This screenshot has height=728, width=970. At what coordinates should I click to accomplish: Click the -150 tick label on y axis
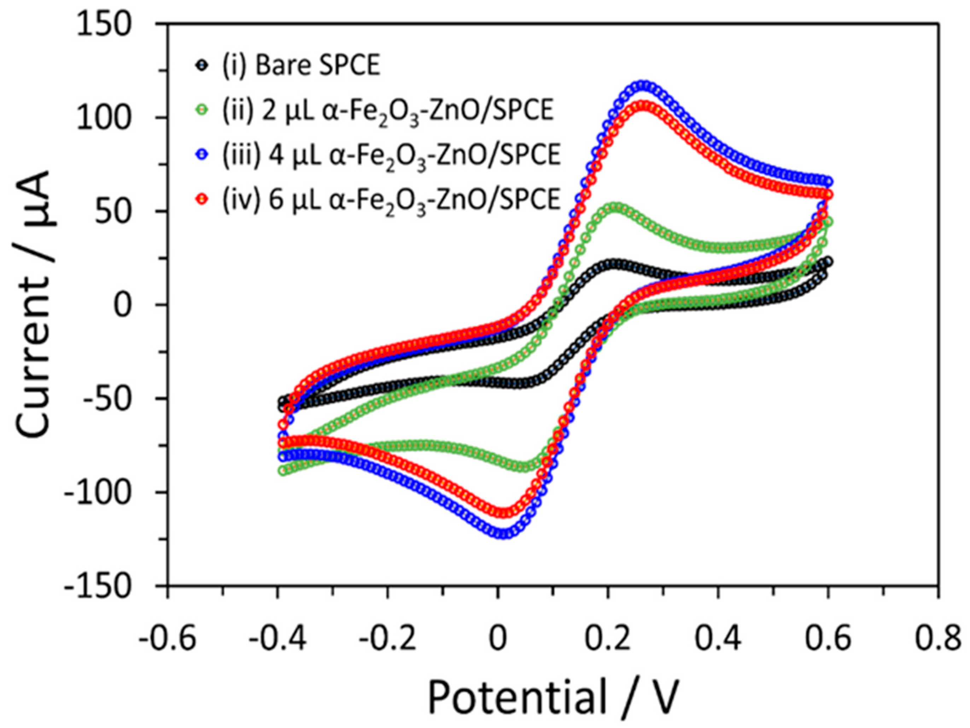pos(97,586)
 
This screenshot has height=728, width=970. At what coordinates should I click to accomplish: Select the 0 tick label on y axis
pos(122,305)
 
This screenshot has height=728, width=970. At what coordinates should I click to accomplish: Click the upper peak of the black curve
pos(614,264)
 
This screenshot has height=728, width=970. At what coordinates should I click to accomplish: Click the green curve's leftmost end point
pos(283,471)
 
